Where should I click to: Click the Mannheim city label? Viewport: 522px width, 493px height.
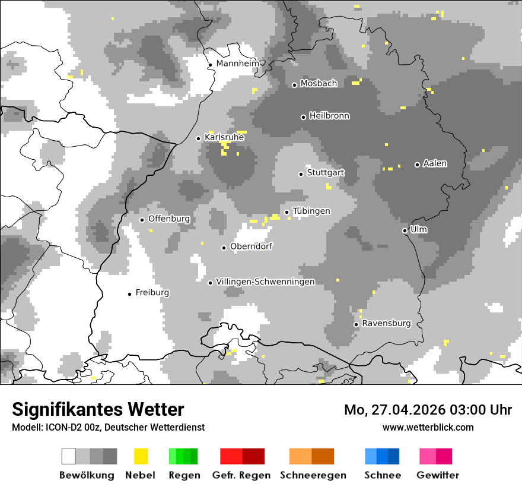[x=238, y=64]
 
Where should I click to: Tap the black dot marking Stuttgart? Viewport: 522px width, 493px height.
[x=301, y=174]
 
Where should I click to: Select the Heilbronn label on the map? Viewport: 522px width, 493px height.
[x=329, y=116]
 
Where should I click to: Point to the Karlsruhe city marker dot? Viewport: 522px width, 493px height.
[x=199, y=138]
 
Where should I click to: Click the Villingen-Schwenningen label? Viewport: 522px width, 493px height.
[x=265, y=282]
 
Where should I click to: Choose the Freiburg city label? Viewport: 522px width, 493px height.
[x=152, y=293]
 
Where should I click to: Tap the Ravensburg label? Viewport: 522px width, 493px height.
[x=386, y=324]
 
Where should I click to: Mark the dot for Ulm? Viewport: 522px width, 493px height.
[x=405, y=230]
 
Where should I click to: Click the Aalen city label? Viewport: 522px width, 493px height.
[x=435, y=163]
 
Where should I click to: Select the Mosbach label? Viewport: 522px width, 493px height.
[x=319, y=84]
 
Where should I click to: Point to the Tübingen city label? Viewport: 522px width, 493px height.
[x=311, y=211]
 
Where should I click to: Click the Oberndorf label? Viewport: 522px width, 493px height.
[x=251, y=246]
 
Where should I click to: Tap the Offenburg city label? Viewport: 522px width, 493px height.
[x=169, y=219]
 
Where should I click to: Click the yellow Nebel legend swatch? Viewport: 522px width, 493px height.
[x=141, y=456]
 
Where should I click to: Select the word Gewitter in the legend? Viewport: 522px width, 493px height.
[x=438, y=475]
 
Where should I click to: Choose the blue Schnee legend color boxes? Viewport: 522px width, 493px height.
[x=382, y=456]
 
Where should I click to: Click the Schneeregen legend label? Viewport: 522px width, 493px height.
[x=313, y=475]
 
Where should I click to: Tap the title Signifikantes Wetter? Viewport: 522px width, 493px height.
[x=98, y=409]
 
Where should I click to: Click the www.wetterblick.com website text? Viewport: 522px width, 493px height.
[x=428, y=427]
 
